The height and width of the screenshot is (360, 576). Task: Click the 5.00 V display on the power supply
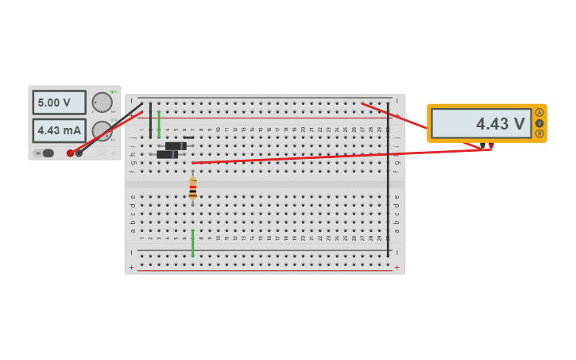point(58,103)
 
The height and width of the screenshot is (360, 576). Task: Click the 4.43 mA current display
point(58,130)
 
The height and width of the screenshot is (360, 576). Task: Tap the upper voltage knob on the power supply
point(102,102)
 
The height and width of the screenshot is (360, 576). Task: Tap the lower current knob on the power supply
point(102,130)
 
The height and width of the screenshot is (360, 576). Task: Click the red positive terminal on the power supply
point(70,153)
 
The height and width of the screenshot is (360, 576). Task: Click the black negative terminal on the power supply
point(79,153)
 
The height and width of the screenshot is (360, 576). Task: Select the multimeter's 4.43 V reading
point(481,123)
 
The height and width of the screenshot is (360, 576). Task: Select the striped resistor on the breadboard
point(193,188)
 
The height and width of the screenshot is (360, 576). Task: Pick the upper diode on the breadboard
point(176,146)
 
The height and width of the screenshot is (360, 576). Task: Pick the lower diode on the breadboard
point(167,154)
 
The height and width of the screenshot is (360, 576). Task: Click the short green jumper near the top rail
point(159,124)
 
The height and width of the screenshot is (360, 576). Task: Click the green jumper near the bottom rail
point(193,243)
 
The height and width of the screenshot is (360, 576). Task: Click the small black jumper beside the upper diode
point(188,137)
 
